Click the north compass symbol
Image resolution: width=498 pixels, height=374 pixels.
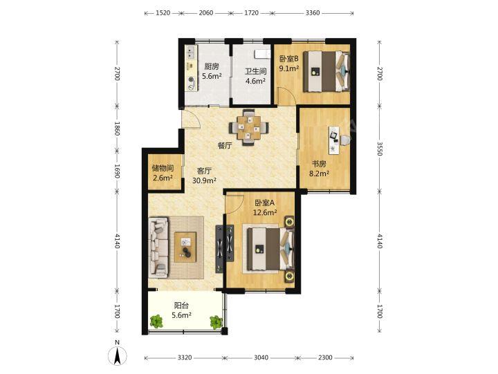click(x=118, y=355)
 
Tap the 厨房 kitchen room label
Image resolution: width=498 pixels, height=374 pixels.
click(x=212, y=66)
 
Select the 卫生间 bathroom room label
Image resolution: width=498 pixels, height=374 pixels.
click(x=255, y=71)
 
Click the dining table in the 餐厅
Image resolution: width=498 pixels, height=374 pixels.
click(x=249, y=127)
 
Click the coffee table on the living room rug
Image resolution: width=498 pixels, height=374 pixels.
click(x=185, y=247)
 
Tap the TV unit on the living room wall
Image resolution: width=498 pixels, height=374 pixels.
click(x=219, y=249)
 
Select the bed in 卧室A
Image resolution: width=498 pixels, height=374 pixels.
click(x=270, y=249)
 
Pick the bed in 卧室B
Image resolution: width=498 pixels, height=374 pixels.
click(x=326, y=71)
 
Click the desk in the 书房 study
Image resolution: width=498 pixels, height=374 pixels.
click(x=334, y=140)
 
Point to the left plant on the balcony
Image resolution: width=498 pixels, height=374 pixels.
click(x=156, y=321)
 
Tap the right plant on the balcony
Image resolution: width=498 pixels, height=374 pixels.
click(x=216, y=322)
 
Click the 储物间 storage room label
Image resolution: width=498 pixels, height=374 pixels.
click(x=163, y=168)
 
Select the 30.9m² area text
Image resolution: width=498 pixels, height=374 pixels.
click(x=204, y=180)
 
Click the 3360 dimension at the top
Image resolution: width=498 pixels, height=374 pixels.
click(x=313, y=13)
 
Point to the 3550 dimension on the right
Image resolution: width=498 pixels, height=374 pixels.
click(x=379, y=149)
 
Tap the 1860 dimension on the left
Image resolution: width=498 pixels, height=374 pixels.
click(x=117, y=129)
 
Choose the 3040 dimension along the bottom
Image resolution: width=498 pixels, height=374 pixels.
click(x=261, y=358)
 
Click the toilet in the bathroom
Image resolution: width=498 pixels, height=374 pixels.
click(x=261, y=54)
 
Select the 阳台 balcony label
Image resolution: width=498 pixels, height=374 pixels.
click(x=181, y=306)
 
